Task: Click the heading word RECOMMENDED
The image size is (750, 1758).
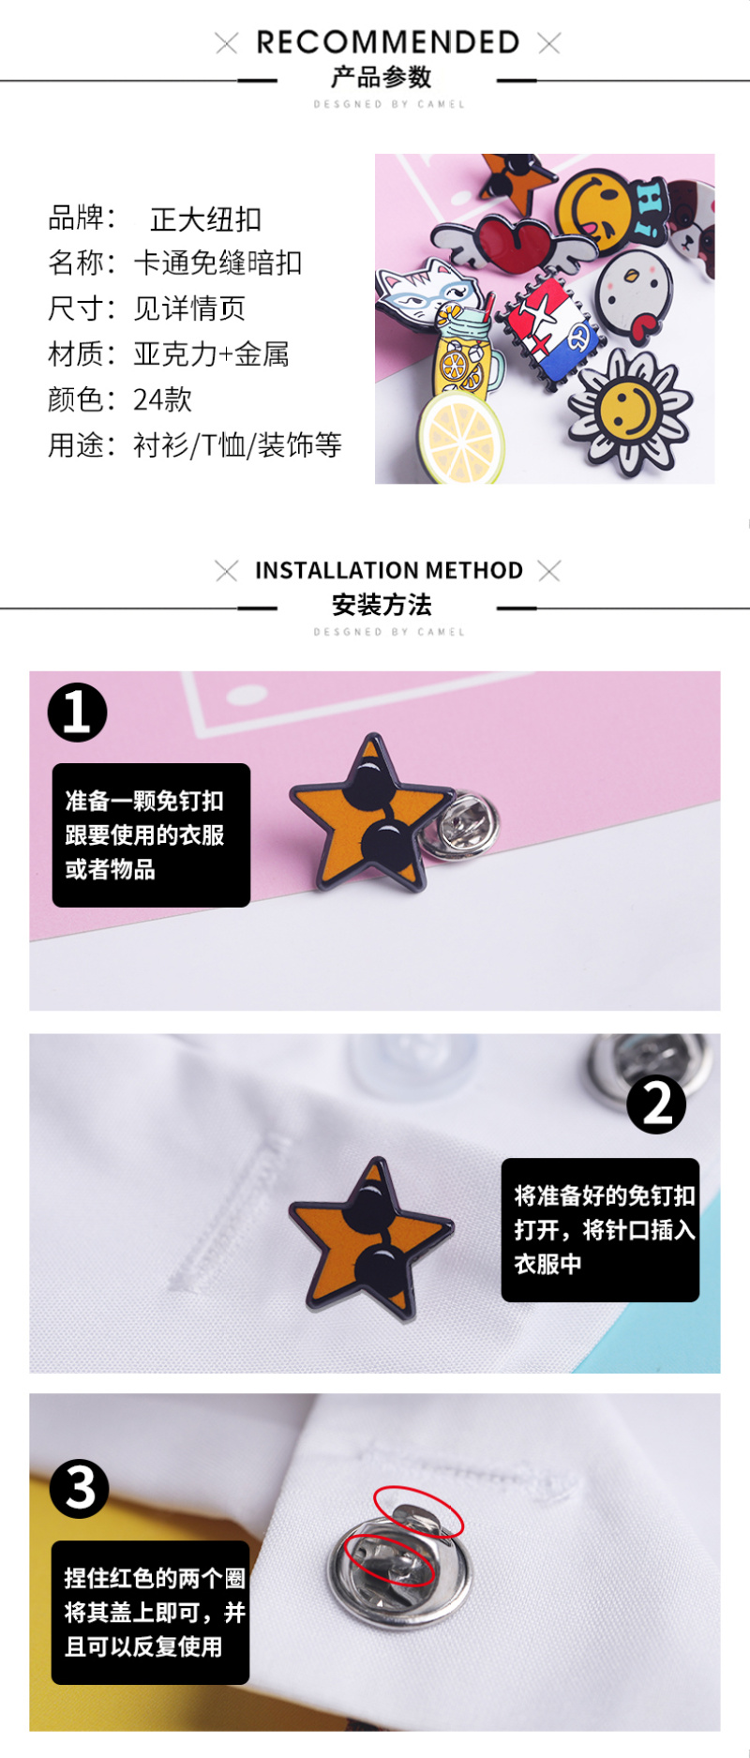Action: tap(387, 42)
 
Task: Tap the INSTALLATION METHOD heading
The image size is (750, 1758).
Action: tap(388, 570)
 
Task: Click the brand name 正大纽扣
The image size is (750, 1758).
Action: tap(205, 219)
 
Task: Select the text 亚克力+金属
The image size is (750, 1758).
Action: tap(211, 354)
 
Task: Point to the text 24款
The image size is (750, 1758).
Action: tap(162, 400)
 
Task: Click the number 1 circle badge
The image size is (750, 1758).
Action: tap(77, 712)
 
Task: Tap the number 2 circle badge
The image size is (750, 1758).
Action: tap(656, 1104)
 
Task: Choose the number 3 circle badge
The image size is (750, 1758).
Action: tap(80, 1488)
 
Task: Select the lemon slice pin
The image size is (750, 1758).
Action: tap(460, 437)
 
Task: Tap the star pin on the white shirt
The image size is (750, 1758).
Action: tap(369, 1239)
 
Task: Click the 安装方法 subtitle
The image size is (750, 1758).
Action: tap(382, 605)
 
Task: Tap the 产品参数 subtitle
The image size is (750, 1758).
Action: tap(382, 77)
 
